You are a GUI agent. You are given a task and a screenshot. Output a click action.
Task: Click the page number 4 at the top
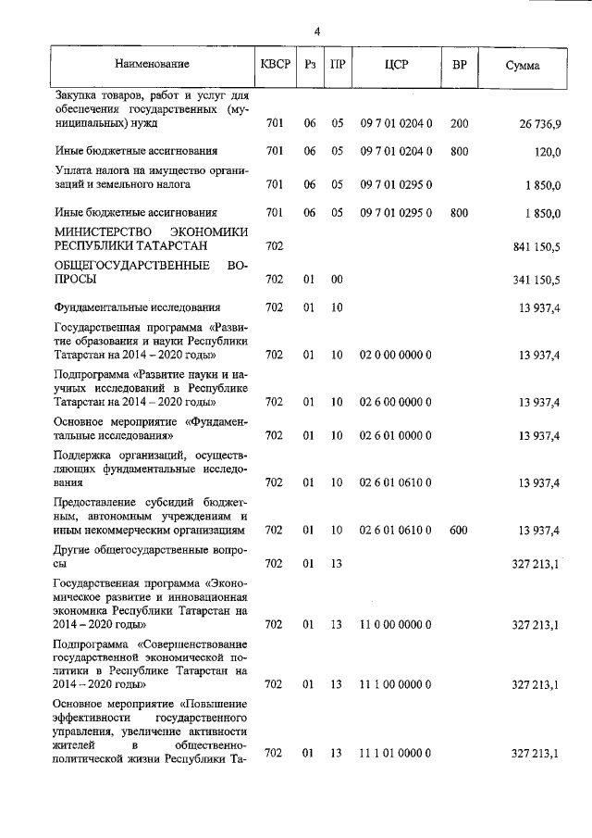pyautogui.click(x=316, y=31)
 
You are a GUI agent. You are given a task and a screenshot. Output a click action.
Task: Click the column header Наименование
pyautogui.click(x=153, y=65)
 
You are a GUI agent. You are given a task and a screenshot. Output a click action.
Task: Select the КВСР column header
pyautogui.click(x=275, y=65)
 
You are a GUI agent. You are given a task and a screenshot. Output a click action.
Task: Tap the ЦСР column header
pyautogui.click(x=396, y=65)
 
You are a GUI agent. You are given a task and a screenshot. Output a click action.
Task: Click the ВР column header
pyautogui.click(x=459, y=65)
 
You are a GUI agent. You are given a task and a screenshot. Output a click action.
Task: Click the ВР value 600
pyautogui.click(x=459, y=531)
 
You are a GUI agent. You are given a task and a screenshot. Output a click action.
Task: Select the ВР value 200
pyautogui.click(x=459, y=122)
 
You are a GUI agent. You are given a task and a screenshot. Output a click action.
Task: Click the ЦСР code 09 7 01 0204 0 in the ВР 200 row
pyautogui.click(x=396, y=122)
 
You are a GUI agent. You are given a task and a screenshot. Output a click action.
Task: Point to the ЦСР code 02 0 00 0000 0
pyautogui.click(x=396, y=355)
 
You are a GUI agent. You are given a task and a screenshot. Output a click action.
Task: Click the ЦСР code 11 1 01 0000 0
pyautogui.click(x=396, y=754)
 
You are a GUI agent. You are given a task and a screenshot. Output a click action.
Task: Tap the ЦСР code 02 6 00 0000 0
pyautogui.click(x=396, y=402)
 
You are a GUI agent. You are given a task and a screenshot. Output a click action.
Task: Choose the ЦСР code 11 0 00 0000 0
pyautogui.click(x=396, y=625)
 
